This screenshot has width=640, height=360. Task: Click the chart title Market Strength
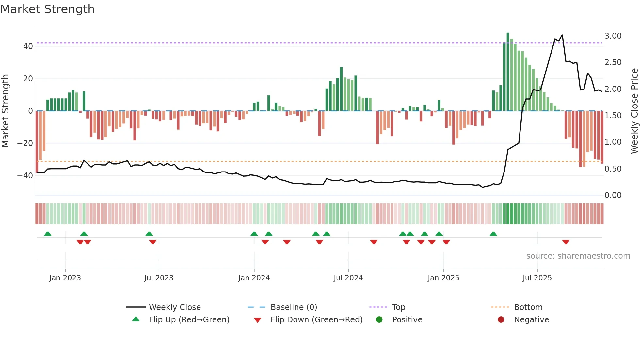47,9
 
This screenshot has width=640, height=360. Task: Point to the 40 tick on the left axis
28,46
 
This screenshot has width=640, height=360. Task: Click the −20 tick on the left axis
25,143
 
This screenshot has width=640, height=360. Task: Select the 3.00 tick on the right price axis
613,36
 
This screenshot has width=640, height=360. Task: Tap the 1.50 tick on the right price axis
613,116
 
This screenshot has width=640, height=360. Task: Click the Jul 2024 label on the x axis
348,278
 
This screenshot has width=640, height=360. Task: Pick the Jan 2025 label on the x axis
443,278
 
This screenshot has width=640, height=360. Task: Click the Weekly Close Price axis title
634,111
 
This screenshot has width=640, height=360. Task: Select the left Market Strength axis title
6,111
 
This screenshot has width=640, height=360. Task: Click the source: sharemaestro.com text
578,256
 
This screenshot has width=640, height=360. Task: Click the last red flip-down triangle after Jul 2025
566,242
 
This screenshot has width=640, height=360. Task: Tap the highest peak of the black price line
562,35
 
